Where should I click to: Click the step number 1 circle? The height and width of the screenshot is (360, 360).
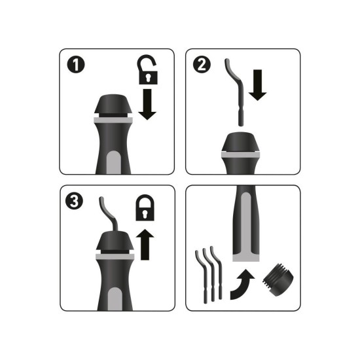[76, 65]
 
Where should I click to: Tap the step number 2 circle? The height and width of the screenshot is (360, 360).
[202, 65]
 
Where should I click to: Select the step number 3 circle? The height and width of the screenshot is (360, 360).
[74, 201]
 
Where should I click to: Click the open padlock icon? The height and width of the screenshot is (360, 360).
[148, 69]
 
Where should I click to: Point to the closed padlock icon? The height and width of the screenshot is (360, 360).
[145, 207]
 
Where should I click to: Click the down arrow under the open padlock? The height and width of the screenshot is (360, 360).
[147, 105]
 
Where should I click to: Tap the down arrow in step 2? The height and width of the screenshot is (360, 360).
[257, 85]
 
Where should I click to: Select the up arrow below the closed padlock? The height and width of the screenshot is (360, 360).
[145, 244]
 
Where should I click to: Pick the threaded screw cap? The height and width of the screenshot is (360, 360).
[278, 279]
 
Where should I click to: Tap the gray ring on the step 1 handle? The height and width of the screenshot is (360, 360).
[113, 120]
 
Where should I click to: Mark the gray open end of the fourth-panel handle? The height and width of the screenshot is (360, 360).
[246, 257]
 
